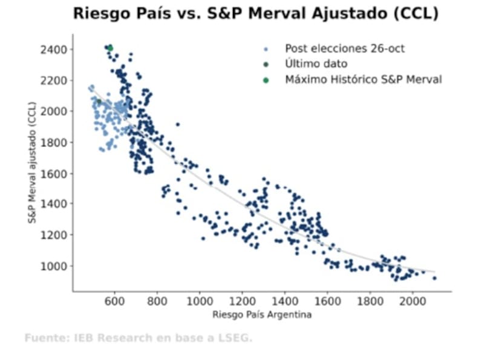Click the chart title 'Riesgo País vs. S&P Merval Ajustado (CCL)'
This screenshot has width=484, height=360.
(x=255, y=14)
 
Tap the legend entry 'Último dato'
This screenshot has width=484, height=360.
(x=316, y=64)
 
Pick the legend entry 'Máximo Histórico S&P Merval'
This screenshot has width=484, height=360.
(x=364, y=80)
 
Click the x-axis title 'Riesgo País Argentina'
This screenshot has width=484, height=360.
(x=262, y=315)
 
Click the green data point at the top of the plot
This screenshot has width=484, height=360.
(x=110, y=48)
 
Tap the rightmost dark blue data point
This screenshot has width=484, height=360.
(x=434, y=278)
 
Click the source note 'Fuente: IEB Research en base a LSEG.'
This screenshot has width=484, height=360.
(x=138, y=338)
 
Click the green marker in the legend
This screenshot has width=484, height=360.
(x=266, y=80)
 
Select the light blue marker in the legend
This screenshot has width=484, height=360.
(x=266, y=48)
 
